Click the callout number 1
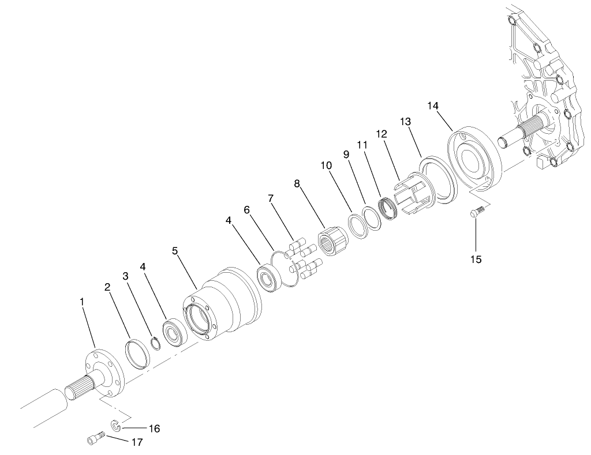pos(82,302)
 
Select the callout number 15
pos(476,259)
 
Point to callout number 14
pos(433,106)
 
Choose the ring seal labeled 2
pos(137,353)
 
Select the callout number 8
pos(297,184)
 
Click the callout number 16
pos(154,428)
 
